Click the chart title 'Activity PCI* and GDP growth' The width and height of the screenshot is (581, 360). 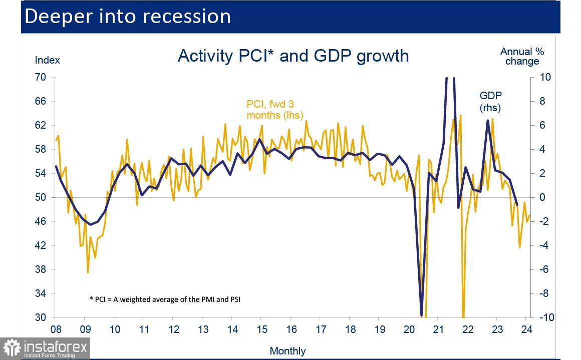tap(293, 56)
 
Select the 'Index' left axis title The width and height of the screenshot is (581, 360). tap(47, 60)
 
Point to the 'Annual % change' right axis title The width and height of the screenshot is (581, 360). tap(522, 56)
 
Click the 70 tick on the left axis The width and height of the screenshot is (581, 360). tap(40, 77)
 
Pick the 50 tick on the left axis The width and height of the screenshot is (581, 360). tap(40, 197)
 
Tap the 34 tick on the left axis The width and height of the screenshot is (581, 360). tap(40, 293)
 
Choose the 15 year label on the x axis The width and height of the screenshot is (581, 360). tap(261, 329)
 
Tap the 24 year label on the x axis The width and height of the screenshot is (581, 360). tap(526, 329)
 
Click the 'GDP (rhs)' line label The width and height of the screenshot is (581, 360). tap(490, 101)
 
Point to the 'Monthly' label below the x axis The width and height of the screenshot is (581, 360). tap(287, 351)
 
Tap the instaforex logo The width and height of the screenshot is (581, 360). tap(46, 348)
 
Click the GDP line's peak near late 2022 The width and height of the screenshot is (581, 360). tap(488, 121)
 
